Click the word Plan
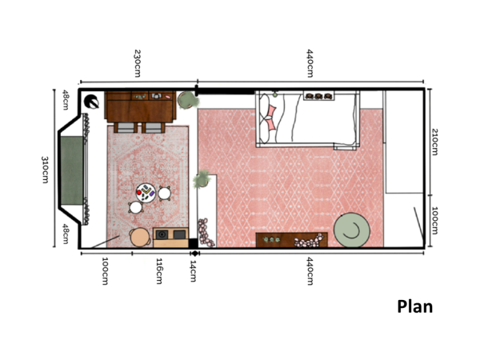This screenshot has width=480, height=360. pyautogui.click(x=414, y=306)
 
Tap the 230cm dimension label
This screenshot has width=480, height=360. pyautogui.click(x=138, y=63)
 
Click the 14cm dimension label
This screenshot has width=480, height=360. pyautogui.click(x=193, y=264)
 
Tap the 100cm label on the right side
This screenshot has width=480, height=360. pyautogui.click(x=435, y=220)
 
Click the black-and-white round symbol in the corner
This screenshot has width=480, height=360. pyautogui.click(x=92, y=102)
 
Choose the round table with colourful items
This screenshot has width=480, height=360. pyautogui.click(x=146, y=192)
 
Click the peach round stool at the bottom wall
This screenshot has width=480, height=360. pyautogui.click(x=140, y=238)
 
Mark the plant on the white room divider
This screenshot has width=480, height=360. pyautogui.click(x=203, y=179)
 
